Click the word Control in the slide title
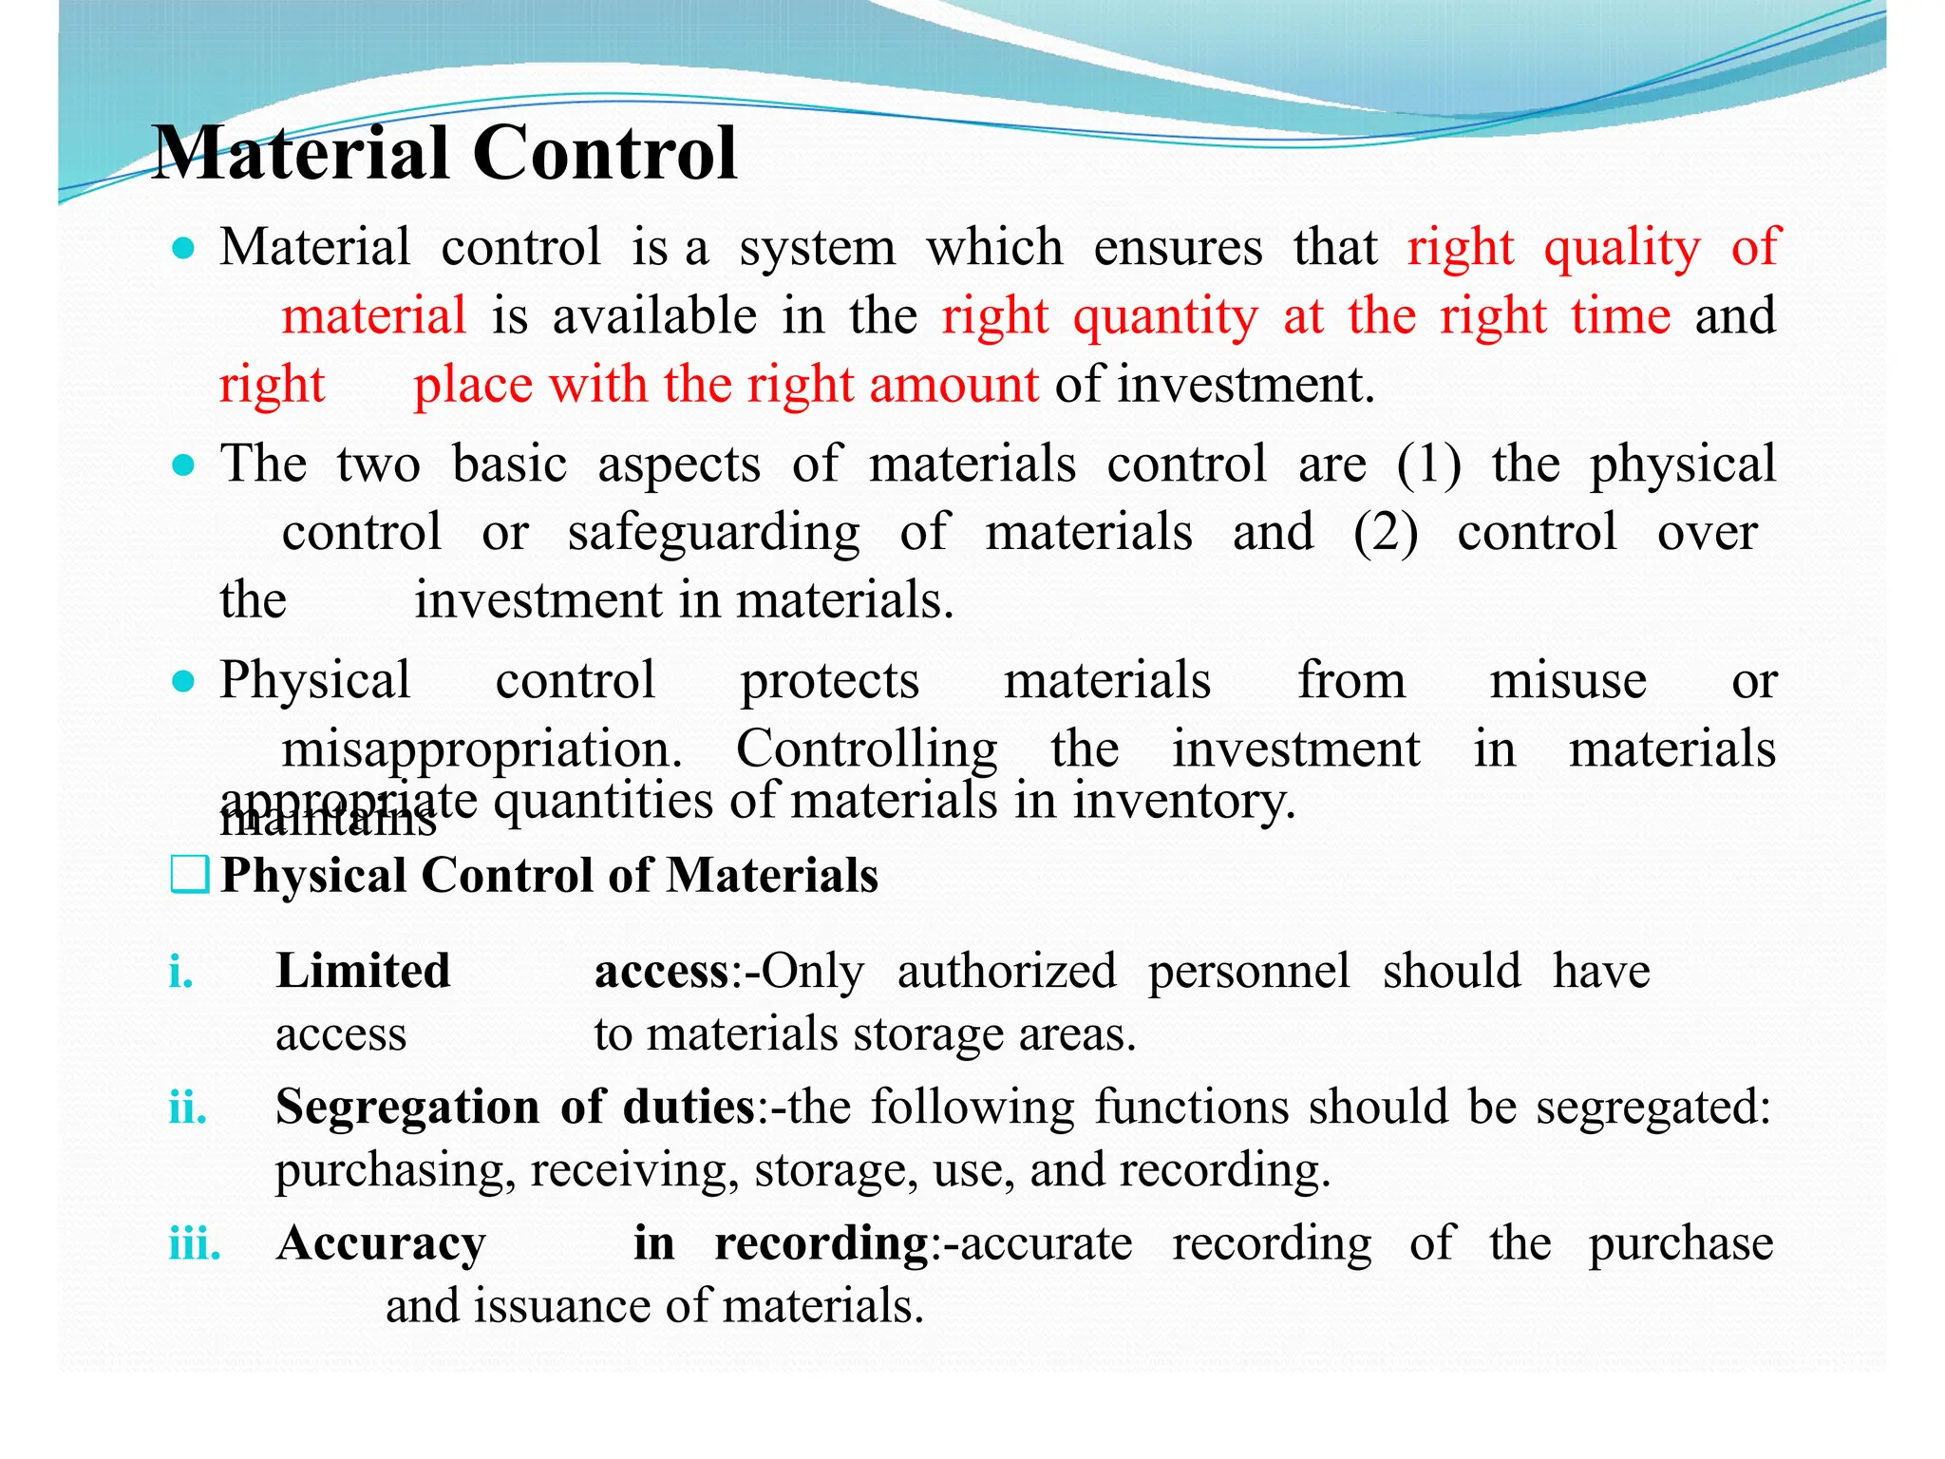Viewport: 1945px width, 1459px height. click(604, 154)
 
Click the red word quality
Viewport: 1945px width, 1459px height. click(1621, 249)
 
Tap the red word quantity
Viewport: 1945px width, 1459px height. click(1165, 317)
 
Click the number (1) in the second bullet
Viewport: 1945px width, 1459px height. click(1428, 465)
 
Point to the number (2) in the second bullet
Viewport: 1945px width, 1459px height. click(1386, 533)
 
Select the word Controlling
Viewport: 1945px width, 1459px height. click(866, 749)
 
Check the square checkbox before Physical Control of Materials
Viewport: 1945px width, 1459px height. click(189, 875)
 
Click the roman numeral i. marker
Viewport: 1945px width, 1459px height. click(180, 973)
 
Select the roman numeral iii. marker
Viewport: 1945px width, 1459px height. click(195, 1244)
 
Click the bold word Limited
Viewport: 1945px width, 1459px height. click(363, 972)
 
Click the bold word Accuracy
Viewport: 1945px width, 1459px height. click(381, 1244)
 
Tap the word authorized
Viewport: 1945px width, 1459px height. click(1006, 973)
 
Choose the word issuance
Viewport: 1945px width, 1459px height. click(562, 1306)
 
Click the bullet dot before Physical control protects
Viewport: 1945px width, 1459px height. click(183, 682)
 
